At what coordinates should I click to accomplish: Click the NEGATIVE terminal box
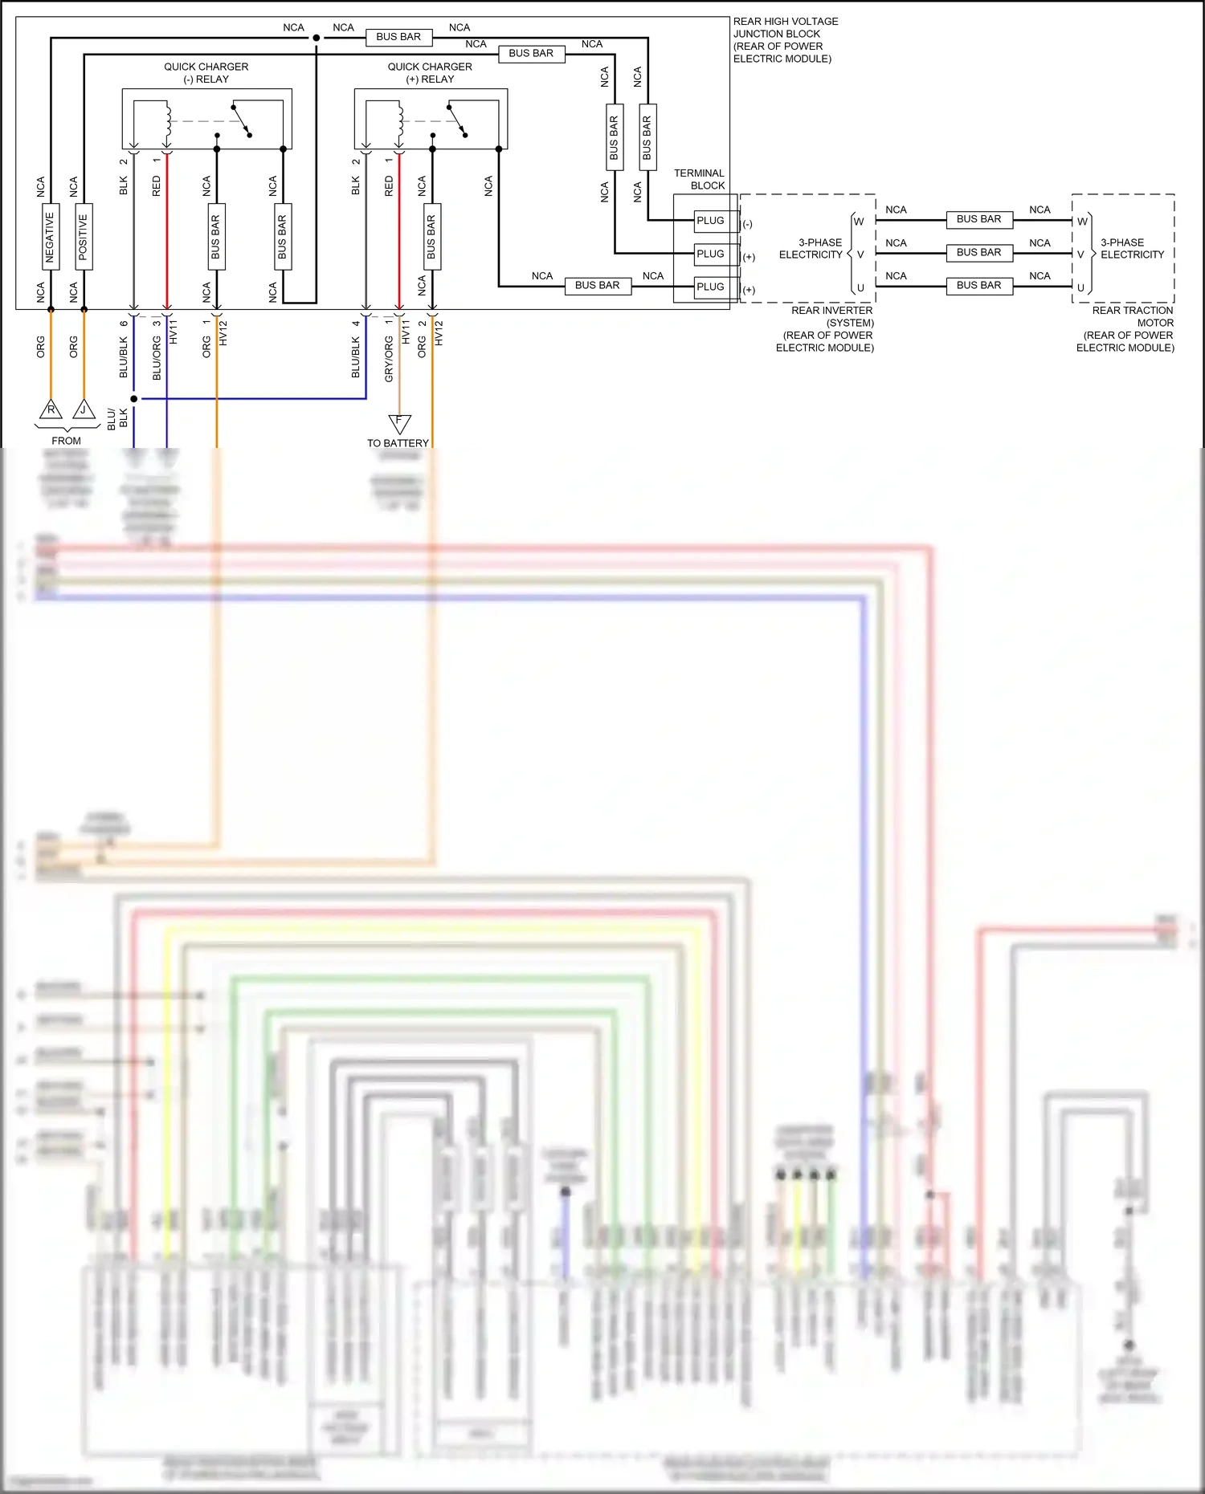coord(50,237)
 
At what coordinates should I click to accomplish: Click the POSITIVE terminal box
coord(84,237)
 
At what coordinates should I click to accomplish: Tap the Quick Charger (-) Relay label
coord(206,73)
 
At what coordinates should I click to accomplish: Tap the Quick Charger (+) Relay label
coord(430,73)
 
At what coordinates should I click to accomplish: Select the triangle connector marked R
coord(51,410)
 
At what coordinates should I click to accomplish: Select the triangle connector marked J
coord(84,410)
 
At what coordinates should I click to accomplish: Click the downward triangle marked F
coord(399,422)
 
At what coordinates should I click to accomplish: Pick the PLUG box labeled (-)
coord(710,221)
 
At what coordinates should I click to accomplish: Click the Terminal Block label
coord(699,179)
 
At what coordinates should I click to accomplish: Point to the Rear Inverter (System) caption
coord(828,329)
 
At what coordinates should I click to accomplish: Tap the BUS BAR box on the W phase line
coord(978,219)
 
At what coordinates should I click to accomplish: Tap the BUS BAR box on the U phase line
coord(978,286)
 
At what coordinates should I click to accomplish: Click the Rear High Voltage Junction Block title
coord(785,40)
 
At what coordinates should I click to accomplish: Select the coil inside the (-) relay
coord(168,120)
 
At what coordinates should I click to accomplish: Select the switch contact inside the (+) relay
coord(457,120)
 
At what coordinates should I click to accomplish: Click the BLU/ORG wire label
coord(157,358)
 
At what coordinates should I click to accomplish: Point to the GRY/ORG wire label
coord(389,358)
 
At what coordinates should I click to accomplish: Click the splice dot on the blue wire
coord(134,398)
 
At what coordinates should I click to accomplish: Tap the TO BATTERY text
coord(398,443)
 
